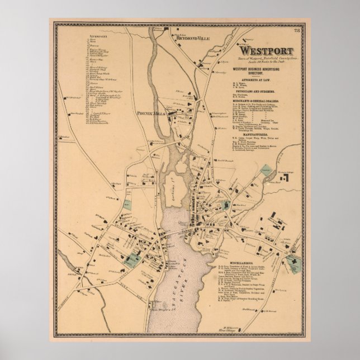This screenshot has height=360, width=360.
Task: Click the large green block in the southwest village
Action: point(132,258)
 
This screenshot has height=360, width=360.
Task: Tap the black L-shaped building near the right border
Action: point(285,178)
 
